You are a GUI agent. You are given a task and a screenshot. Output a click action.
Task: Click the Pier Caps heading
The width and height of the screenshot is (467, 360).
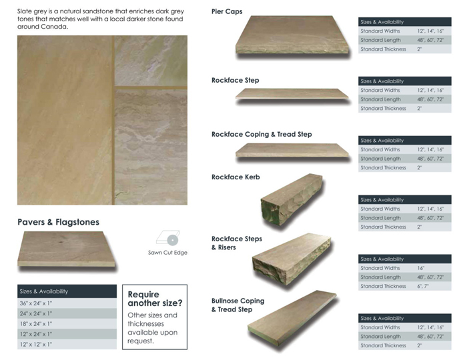(x=227, y=12)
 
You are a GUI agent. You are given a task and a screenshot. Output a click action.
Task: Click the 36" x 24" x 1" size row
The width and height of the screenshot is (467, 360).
(x=67, y=303)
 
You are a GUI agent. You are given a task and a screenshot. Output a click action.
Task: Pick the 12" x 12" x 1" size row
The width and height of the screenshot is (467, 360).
(x=67, y=345)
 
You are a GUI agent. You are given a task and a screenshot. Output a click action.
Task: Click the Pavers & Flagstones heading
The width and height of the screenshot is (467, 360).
(x=59, y=222)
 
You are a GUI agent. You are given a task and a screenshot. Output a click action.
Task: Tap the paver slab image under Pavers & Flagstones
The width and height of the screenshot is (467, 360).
(x=67, y=249)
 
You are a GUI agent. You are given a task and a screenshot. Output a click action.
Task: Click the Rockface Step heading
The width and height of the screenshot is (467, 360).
(x=235, y=80)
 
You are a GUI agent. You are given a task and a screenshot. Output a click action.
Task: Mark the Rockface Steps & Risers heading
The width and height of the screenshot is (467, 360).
(x=236, y=243)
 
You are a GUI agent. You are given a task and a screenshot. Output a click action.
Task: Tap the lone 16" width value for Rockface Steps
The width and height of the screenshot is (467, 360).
(x=422, y=268)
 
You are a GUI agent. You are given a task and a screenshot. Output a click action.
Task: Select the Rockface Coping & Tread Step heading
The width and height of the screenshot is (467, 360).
(x=262, y=134)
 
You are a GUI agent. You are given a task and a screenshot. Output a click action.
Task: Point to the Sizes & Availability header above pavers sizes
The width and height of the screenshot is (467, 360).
(x=67, y=291)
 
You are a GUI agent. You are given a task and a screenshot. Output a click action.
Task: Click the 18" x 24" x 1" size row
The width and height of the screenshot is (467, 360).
(x=67, y=323)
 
